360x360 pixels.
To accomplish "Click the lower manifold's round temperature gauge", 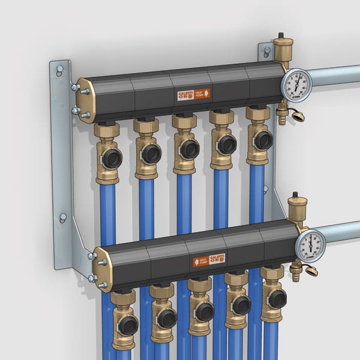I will click(x=310, y=244).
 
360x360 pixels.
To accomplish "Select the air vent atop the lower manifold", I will click(x=296, y=206).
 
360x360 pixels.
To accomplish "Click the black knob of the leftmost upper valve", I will click(x=112, y=158).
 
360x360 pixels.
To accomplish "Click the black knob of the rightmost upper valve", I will click(x=262, y=140).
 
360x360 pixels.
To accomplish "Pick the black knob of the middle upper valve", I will click(x=190, y=149).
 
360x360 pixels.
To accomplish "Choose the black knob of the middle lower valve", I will click(x=204, y=311).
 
